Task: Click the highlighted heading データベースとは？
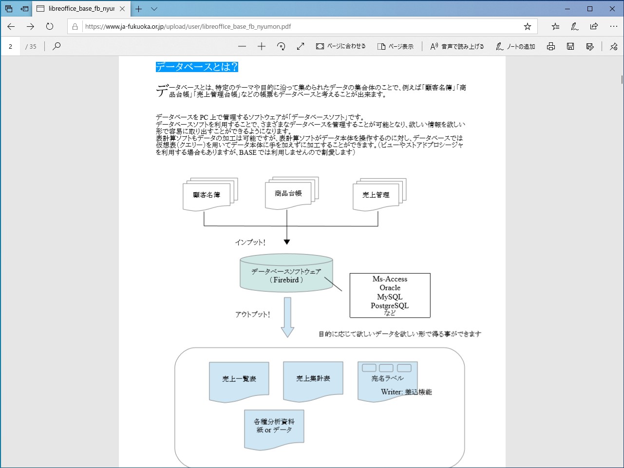[197, 67]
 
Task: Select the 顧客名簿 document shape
[207, 195]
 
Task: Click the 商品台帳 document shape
[288, 194]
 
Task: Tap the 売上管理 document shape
[376, 195]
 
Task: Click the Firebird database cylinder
[286, 276]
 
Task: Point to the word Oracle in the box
[390, 288]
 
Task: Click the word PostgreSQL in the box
[390, 306]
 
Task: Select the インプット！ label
[250, 243]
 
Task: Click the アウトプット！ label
[252, 315]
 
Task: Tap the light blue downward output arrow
[287, 317]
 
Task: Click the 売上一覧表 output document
[239, 379]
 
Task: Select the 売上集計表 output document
[313, 379]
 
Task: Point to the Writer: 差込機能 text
[406, 392]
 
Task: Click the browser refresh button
[50, 26]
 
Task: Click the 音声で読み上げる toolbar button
[457, 46]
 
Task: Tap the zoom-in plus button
[262, 46]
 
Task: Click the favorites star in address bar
[527, 26]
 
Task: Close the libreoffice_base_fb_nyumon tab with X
[122, 9]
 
